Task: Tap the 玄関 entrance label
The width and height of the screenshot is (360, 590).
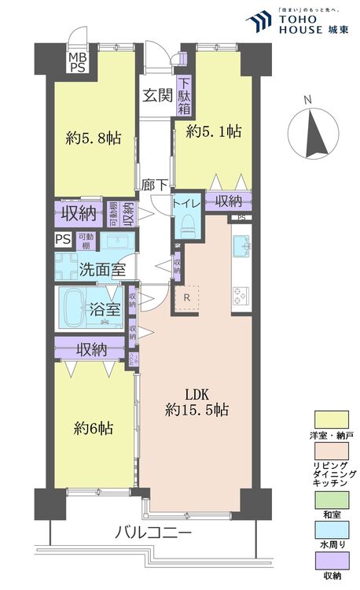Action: tap(157, 96)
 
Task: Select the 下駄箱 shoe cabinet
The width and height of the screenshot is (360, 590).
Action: tap(184, 93)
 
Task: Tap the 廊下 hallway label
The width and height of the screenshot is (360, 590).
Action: tap(154, 186)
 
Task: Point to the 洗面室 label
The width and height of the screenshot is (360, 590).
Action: tap(102, 268)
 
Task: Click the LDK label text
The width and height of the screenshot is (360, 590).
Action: tap(197, 393)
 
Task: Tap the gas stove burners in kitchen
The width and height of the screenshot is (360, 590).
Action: tap(240, 294)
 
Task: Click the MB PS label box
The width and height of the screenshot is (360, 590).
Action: tap(77, 63)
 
